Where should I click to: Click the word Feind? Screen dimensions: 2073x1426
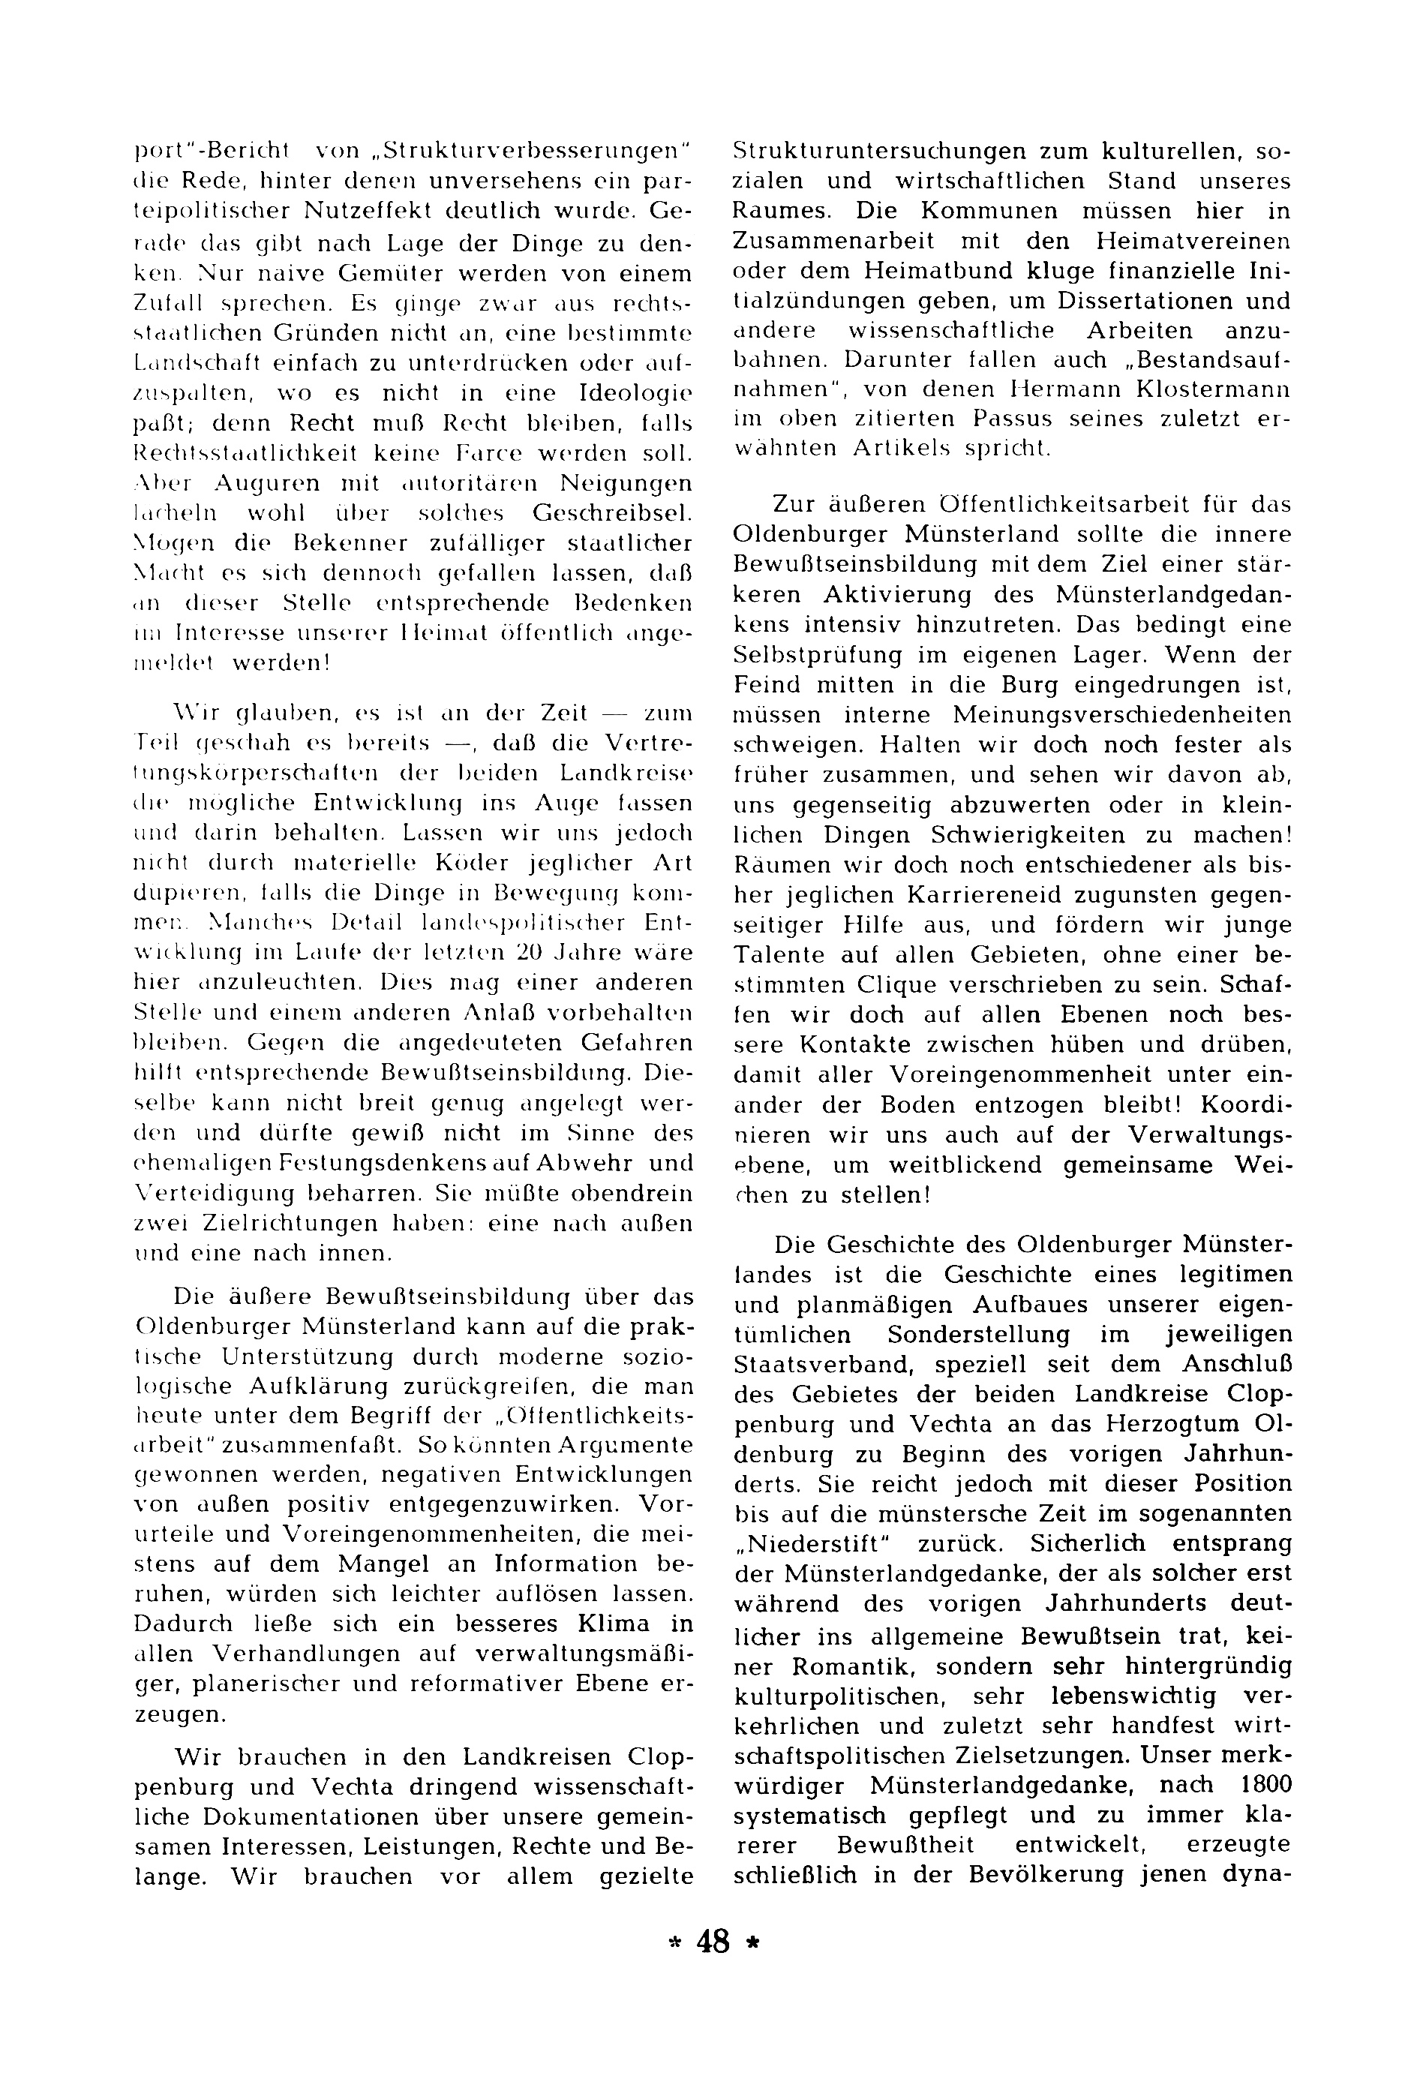[x=764, y=684]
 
